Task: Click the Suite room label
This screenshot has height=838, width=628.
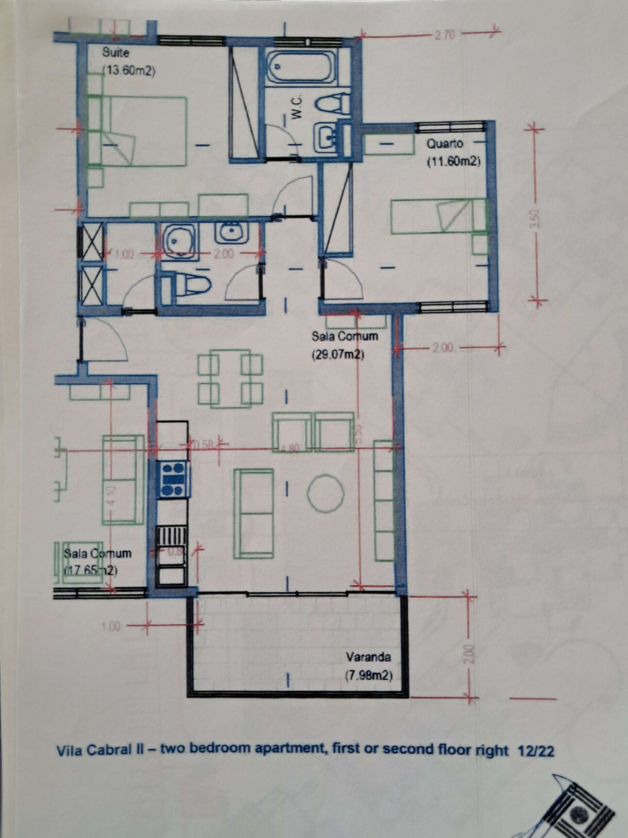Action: (115, 53)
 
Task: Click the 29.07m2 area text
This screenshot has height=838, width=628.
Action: (338, 355)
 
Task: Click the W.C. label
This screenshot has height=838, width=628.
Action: (297, 108)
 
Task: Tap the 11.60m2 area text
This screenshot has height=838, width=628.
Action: (453, 162)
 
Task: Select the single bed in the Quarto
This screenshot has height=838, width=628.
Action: (437, 216)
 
